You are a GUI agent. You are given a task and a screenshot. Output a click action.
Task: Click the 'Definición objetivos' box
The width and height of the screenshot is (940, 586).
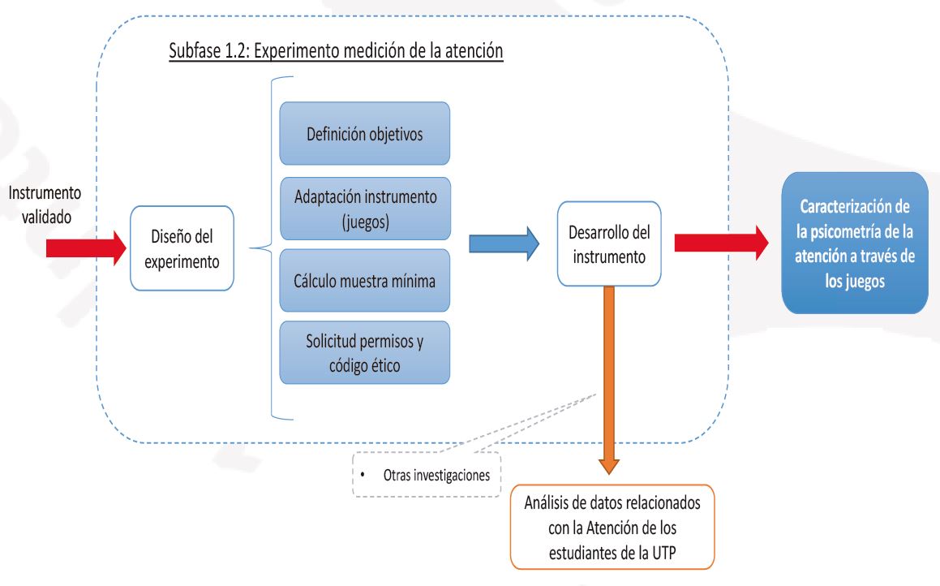(364, 133)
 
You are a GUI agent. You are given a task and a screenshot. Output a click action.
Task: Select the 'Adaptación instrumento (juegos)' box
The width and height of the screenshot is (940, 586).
(365, 209)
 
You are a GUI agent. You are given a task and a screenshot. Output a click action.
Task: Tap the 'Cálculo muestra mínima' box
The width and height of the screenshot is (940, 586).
(364, 280)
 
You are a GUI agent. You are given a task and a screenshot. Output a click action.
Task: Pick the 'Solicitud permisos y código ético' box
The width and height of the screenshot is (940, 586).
(364, 352)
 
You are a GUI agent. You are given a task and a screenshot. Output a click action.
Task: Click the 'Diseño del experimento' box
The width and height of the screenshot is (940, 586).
(182, 248)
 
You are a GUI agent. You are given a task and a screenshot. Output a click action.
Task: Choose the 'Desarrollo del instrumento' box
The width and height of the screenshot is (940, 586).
(609, 243)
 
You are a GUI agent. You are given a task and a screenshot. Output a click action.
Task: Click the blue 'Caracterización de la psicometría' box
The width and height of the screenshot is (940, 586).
(855, 243)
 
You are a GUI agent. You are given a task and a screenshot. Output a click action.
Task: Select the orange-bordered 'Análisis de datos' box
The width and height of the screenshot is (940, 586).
(612, 527)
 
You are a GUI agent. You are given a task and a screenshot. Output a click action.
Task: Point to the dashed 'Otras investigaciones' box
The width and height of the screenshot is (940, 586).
(427, 475)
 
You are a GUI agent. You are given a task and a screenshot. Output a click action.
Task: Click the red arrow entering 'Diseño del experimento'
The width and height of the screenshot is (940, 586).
(86, 248)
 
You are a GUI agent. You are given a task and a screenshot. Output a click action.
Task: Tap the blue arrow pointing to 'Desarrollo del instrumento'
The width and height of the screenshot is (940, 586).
(504, 243)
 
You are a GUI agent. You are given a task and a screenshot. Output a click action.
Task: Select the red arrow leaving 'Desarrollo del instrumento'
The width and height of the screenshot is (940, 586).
(722, 243)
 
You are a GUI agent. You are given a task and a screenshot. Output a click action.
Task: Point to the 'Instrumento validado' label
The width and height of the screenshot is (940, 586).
(45, 205)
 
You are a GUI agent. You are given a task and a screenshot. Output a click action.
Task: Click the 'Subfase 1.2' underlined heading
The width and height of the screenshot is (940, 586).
(336, 50)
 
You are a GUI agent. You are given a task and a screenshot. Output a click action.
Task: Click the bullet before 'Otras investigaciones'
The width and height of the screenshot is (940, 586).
(363, 475)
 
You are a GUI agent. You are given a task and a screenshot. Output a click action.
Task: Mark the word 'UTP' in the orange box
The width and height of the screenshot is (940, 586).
(663, 553)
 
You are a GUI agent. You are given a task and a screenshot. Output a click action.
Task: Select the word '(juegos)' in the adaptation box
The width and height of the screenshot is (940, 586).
(365, 222)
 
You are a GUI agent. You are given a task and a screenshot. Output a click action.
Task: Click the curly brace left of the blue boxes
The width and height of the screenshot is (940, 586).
(271, 248)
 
